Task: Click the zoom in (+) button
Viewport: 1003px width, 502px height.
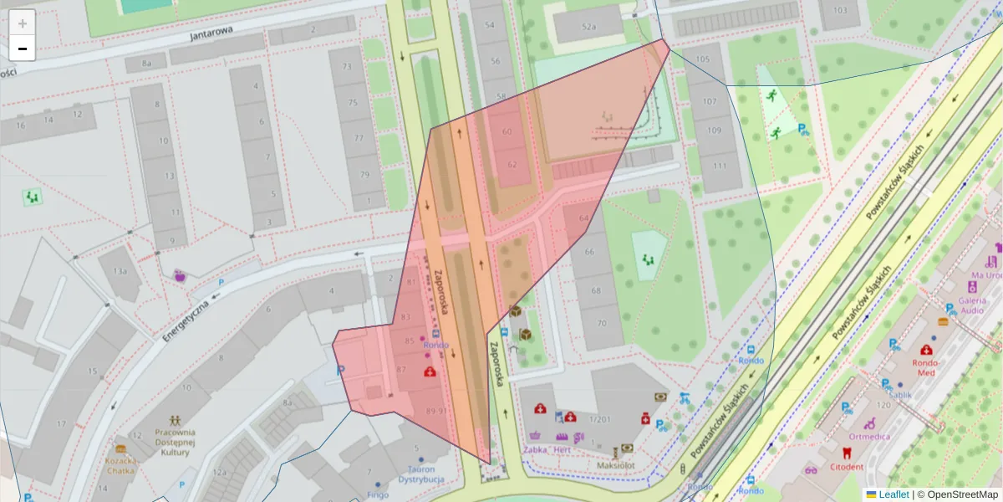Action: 23,23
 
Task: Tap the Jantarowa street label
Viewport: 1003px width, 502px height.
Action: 209,36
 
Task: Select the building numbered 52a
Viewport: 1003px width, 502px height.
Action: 589,27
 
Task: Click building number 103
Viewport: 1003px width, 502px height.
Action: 839,11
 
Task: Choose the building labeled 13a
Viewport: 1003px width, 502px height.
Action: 120,271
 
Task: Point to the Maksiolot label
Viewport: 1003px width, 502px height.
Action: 617,464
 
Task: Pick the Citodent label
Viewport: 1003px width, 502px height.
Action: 847,466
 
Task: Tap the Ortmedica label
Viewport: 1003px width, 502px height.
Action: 869,436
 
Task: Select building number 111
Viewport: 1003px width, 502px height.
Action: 718,166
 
